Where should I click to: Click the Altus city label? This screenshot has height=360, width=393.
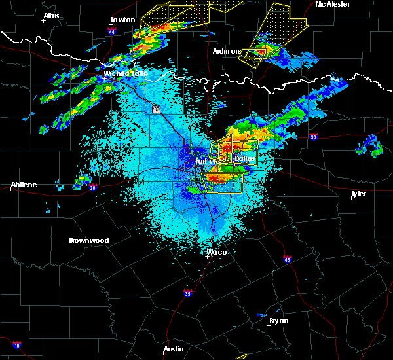pos(51,15)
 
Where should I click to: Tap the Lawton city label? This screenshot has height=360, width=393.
pos(122,20)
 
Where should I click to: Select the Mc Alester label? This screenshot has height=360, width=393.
pos(335,4)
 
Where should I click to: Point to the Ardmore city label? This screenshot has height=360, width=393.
pos(227,51)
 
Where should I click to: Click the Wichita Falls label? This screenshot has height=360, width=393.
pos(125,73)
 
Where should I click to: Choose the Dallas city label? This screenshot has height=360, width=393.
pos(245,158)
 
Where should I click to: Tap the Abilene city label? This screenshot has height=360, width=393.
pos(23,185)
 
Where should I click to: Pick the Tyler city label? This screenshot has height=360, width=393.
pos(359,194)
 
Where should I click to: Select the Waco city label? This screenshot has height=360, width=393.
pos(217,252)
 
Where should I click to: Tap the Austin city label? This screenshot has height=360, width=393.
pos(173,349)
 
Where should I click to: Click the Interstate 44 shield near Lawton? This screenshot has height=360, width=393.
pos(112,31)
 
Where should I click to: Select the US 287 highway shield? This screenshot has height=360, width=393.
pos(156,109)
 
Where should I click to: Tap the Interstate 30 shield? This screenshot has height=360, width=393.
pos(313,137)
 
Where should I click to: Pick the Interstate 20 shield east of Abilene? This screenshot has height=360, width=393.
pos(92,188)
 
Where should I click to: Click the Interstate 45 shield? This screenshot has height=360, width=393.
pos(287,259)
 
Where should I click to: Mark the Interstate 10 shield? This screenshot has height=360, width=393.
pos(16,345)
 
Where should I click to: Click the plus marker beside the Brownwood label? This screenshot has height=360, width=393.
pos(69,245)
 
